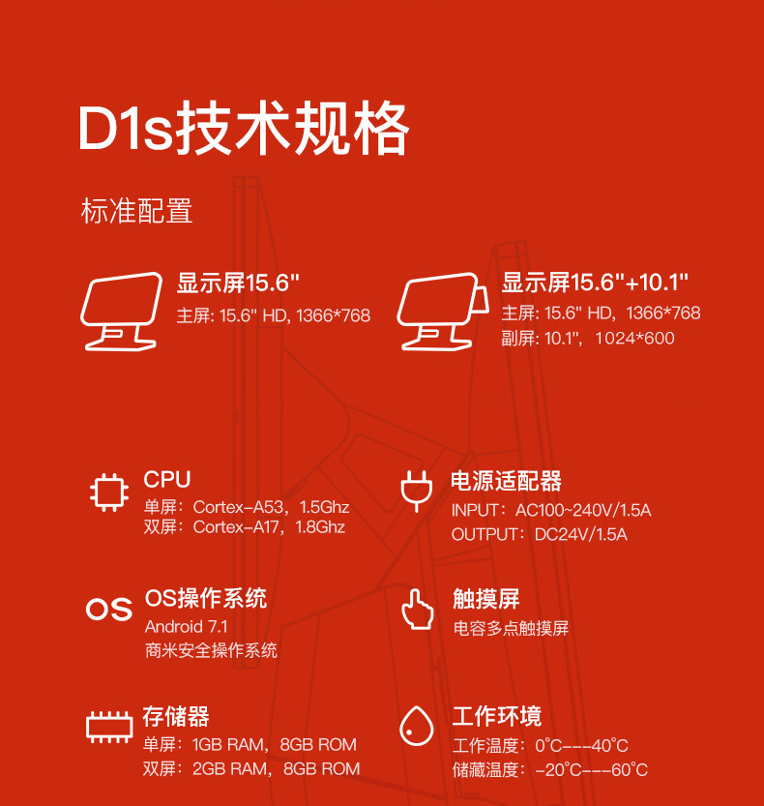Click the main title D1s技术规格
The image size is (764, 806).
pyautogui.click(x=244, y=130)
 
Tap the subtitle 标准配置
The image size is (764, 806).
pyautogui.click(x=136, y=211)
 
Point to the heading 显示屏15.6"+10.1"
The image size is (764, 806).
pyautogui.click(x=595, y=283)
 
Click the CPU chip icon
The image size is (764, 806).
pyautogui.click(x=108, y=492)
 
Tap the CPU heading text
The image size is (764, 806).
pyautogui.click(x=167, y=479)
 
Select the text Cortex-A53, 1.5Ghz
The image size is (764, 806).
pyautogui.click(x=271, y=507)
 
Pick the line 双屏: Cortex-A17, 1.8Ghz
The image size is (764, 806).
pyautogui.click(x=244, y=527)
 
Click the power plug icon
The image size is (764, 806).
pyautogui.click(x=414, y=491)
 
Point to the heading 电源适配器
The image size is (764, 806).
pyautogui.click(x=506, y=481)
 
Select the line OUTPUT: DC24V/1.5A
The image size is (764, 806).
pyautogui.click(x=539, y=534)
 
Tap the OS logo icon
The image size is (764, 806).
pyautogui.click(x=108, y=609)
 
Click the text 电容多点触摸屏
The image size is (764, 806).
pyautogui.click(x=511, y=628)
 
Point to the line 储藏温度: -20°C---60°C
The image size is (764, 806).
pyautogui.click(x=549, y=770)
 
